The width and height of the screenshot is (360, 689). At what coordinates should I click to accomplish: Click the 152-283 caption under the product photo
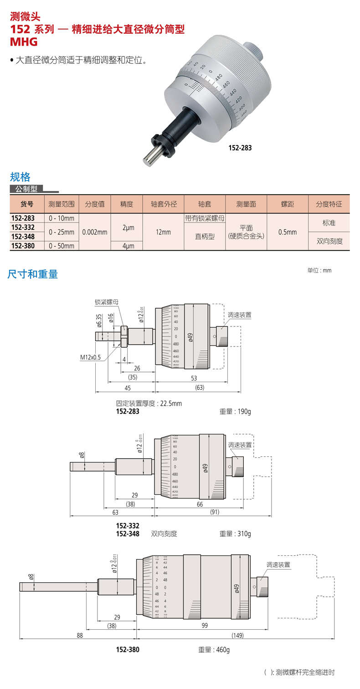pos(240,148)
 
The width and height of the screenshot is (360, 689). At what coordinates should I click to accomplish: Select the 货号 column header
pos(27,204)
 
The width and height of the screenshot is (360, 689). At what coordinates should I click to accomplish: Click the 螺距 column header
pos(288,204)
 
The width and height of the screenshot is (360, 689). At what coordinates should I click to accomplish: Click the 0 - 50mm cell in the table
pos(61,246)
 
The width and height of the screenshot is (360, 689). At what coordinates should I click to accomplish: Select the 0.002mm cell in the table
pos(95,232)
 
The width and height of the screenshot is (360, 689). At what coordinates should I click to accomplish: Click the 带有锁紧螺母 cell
pos(205,218)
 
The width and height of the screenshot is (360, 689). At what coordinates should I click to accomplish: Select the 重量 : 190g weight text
pos(235,411)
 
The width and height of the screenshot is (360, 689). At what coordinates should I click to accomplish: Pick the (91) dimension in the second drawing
pos(215,512)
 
